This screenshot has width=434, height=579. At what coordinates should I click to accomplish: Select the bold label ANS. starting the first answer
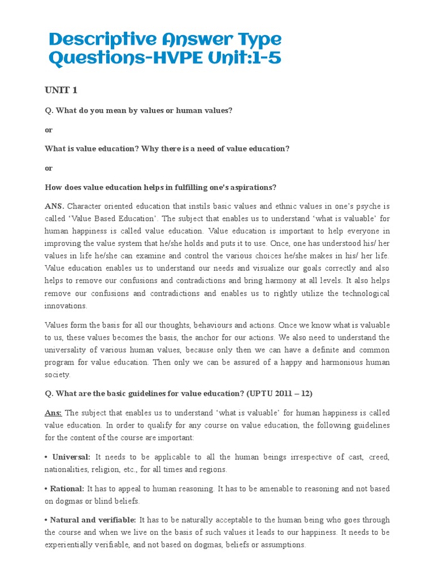pos(55,206)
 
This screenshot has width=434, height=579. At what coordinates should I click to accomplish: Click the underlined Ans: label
pos(54,413)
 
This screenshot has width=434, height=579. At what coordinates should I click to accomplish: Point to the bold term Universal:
pos(71,456)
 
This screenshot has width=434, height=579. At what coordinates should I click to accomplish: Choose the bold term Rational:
pos(67,489)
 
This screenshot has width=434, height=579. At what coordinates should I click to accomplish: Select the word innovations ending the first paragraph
pos(66,306)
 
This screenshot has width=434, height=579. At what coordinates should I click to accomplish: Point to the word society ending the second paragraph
pos(57,375)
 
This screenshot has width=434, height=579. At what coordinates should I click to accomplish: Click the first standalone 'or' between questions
pos(49,129)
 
